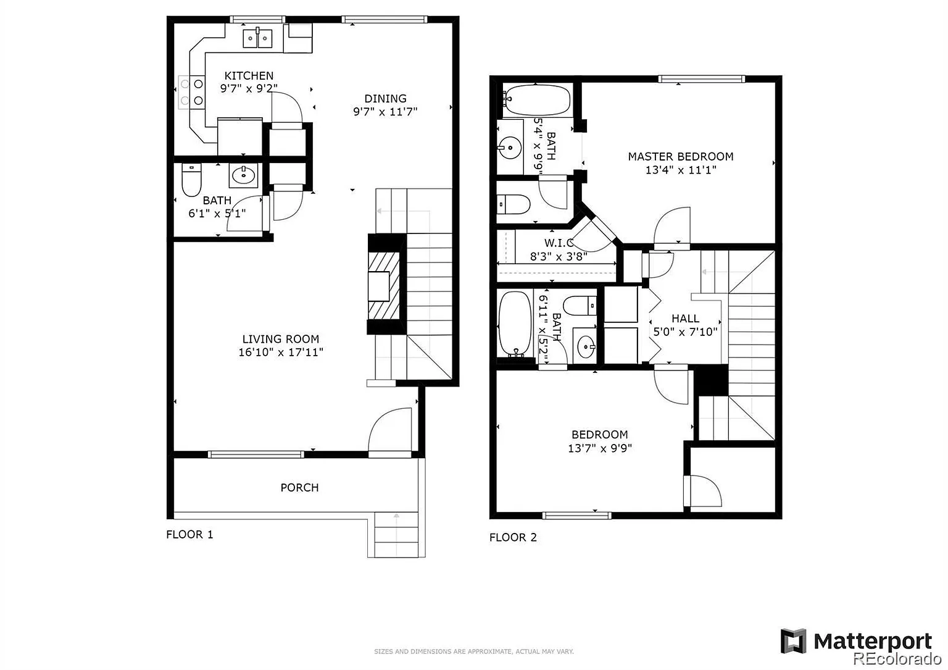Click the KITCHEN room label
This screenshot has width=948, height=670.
[x=249, y=76]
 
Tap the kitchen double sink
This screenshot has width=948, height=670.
[x=257, y=38]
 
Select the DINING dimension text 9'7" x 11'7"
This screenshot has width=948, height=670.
[x=385, y=112]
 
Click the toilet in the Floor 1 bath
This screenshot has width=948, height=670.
[x=191, y=180]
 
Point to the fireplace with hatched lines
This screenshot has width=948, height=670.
[x=384, y=285]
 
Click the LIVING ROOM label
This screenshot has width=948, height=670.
[x=281, y=339]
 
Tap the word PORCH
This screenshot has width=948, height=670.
[x=299, y=487]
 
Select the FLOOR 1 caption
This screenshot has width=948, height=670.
[x=189, y=535]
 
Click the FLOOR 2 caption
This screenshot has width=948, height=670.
[x=513, y=537]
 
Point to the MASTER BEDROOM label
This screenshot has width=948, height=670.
[x=681, y=157]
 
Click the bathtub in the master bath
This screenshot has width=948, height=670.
[x=537, y=99]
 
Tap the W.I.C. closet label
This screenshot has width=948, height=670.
[x=559, y=243]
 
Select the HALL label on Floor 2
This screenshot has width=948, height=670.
[x=686, y=319]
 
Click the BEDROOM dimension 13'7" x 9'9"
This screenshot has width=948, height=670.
[x=600, y=448]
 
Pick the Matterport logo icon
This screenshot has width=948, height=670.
[x=793, y=641]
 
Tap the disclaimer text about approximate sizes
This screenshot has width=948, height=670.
[x=473, y=651]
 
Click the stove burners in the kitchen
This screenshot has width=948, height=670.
[x=191, y=93]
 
